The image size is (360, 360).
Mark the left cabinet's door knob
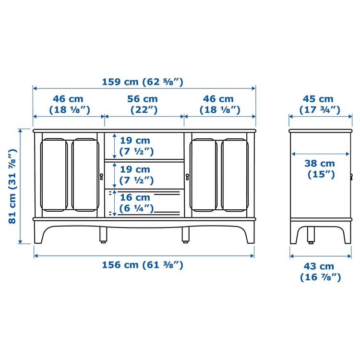[101, 176]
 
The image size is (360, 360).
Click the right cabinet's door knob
[187, 176]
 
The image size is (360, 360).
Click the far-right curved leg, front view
[248, 233]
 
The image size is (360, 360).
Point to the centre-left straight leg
[103, 234]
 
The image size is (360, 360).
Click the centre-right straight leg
[185, 234]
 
